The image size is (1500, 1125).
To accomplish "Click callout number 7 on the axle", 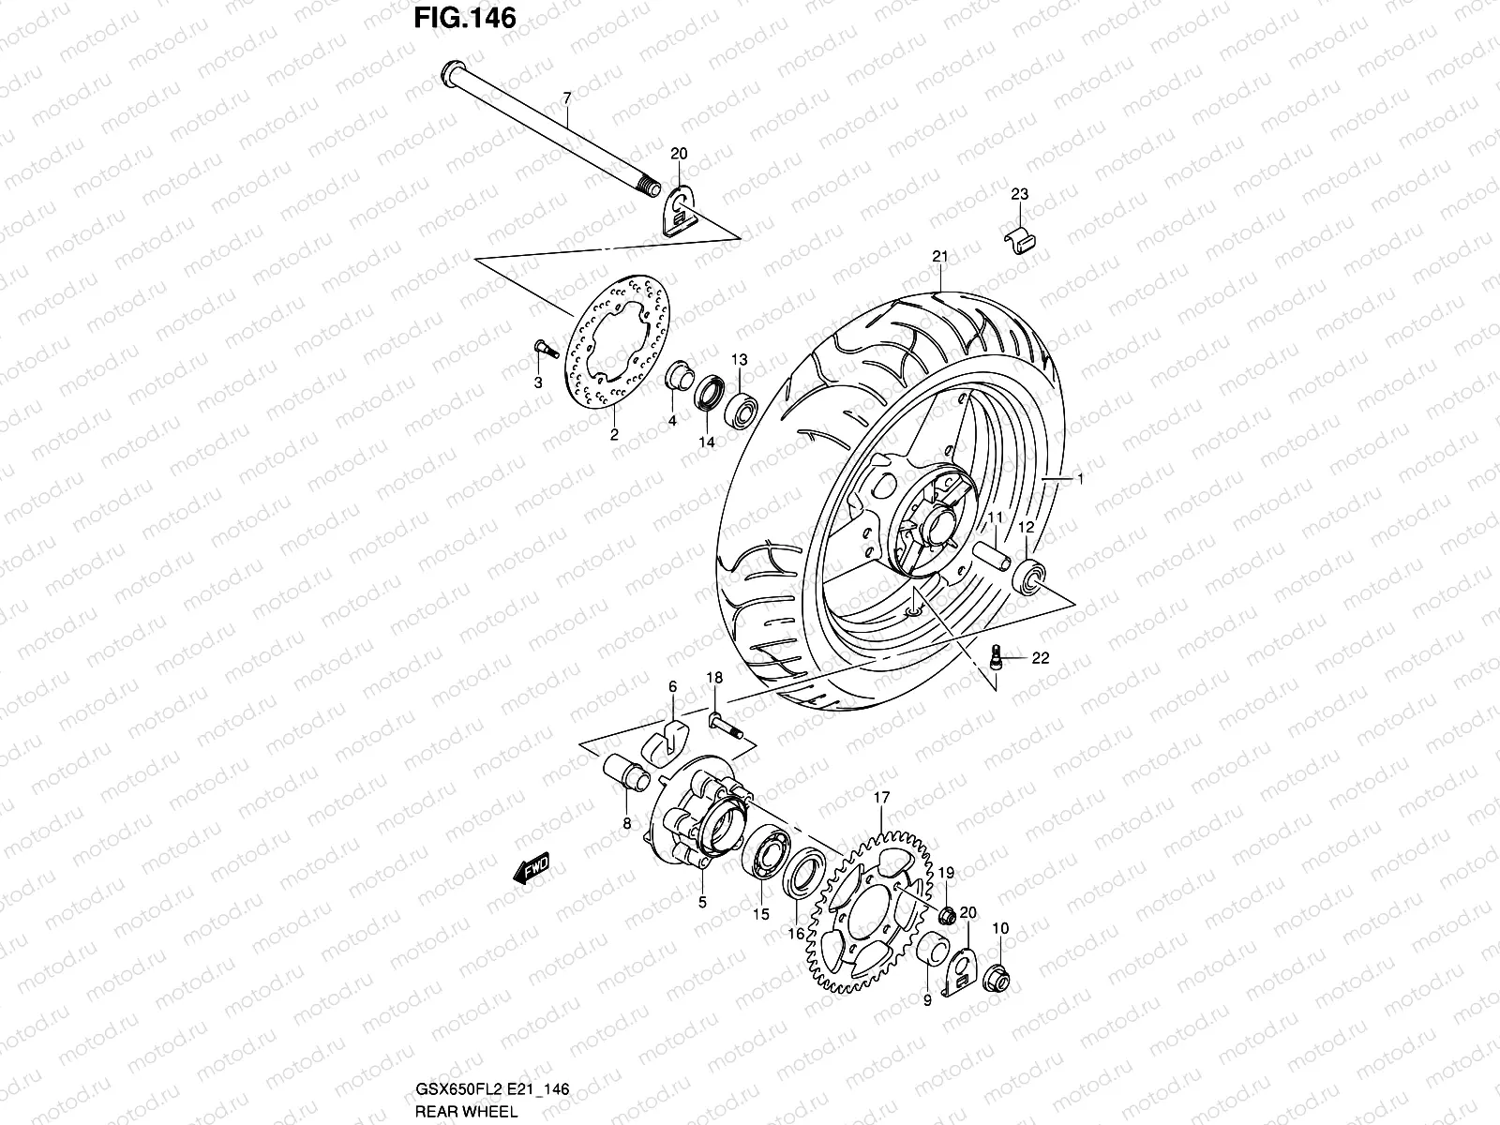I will (x=565, y=97).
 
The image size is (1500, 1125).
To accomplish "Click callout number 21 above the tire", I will (x=940, y=257).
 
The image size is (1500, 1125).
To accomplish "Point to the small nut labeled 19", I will (x=948, y=914).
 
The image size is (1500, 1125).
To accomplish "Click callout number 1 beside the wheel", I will (x=1079, y=479).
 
